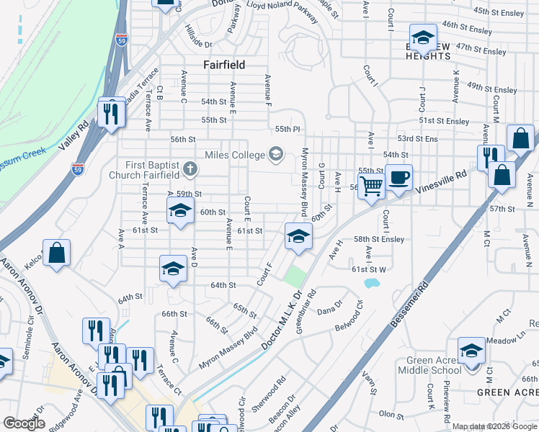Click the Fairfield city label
[224, 65]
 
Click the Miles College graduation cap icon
[275, 153]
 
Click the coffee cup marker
[398, 177]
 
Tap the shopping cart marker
[371, 186]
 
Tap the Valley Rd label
[74, 134]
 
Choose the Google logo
[24, 423]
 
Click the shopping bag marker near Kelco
[56, 253]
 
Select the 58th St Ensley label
[378, 238]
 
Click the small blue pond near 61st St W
[371, 283]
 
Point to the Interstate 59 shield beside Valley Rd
[76, 169]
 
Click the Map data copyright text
[494, 426]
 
